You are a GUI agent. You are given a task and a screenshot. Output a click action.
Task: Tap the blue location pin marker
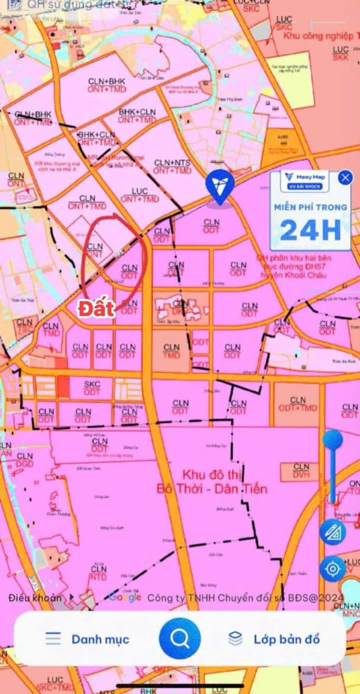click(219, 185)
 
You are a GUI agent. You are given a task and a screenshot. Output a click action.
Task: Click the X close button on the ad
click(345, 177)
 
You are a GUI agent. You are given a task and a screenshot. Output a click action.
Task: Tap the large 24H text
click(310, 229)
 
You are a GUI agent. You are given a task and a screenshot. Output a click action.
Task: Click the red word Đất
click(96, 308)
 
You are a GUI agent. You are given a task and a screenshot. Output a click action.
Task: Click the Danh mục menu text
click(100, 639)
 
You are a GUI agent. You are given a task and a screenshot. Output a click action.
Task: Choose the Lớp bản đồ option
click(286, 639)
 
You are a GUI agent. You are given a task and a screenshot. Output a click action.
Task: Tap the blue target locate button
click(332, 568)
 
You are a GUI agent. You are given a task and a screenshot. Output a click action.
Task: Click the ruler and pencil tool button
click(332, 532)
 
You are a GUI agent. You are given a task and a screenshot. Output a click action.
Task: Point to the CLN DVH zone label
click(301, 470)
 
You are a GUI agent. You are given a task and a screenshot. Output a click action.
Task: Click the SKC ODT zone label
click(92, 388)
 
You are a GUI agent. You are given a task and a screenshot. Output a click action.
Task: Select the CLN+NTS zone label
click(172, 167)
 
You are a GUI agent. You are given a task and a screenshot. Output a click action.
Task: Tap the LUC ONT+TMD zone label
click(139, 195)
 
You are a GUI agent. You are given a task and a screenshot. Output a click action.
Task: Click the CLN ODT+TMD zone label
click(297, 404)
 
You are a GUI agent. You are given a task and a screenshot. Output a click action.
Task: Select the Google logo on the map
click(124, 597)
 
